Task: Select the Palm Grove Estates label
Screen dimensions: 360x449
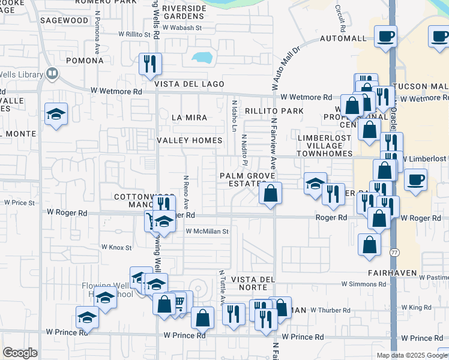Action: coord(247,179)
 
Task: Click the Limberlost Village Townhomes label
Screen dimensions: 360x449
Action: coord(324,146)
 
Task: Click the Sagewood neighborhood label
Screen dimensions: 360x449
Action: coord(64,20)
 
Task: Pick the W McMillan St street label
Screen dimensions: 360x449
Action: coord(208,231)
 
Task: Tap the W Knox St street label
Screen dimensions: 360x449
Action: coord(116,247)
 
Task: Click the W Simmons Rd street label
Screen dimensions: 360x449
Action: coord(363,283)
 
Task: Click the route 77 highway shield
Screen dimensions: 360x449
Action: coord(394,251)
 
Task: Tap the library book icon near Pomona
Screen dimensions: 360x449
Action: coord(52,74)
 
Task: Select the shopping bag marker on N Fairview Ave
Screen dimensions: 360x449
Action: coord(271,193)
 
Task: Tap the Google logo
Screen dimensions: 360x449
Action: coord(20,353)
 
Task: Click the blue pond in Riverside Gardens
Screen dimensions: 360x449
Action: coord(202,58)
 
